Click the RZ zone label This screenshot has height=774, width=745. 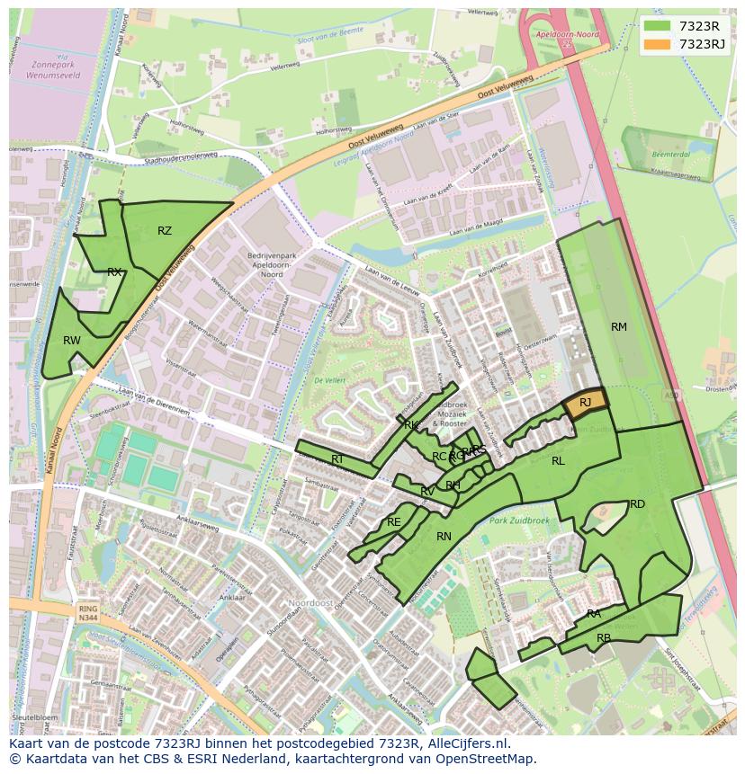pyautogui.click(x=165, y=231)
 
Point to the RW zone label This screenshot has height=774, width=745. pyautogui.click(x=72, y=341)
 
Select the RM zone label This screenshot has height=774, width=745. pyautogui.click(x=619, y=327)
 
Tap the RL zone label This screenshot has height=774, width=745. pyautogui.click(x=558, y=461)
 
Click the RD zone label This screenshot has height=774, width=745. pyautogui.click(x=637, y=504)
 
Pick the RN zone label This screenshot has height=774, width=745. pyautogui.click(x=444, y=537)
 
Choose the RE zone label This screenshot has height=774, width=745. pyautogui.click(x=393, y=522)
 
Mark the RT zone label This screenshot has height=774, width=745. pyautogui.click(x=337, y=459)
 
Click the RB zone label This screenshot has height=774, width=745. pyautogui.click(x=604, y=638)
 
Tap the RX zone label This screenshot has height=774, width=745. pyautogui.click(x=114, y=272)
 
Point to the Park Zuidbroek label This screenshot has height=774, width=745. pyautogui.click(x=511, y=520)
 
